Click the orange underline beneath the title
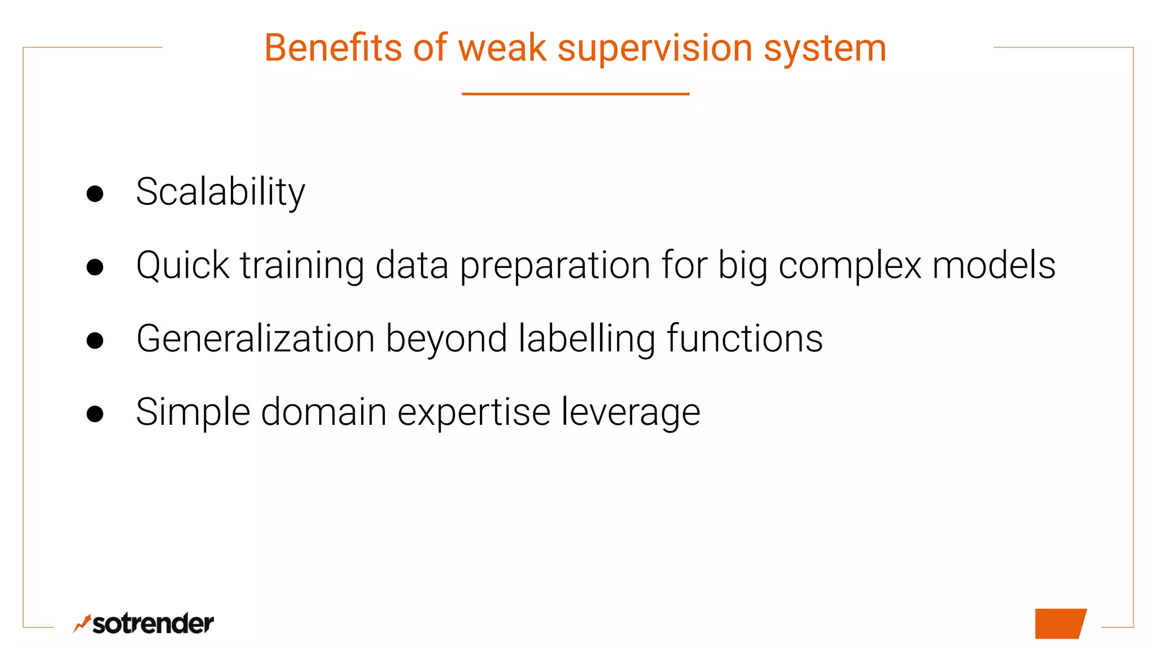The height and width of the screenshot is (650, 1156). pyautogui.click(x=575, y=94)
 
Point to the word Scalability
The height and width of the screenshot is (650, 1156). pyautogui.click(x=220, y=192)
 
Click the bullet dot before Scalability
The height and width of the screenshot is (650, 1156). pyautogui.click(x=95, y=194)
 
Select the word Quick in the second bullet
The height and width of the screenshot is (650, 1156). pyautogui.click(x=182, y=265)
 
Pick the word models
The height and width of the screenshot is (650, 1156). pyautogui.click(x=993, y=265)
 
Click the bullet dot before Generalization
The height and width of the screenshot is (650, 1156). pyautogui.click(x=95, y=340)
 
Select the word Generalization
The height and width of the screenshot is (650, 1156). pyautogui.click(x=255, y=339)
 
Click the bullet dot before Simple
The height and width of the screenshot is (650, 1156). pyautogui.click(x=95, y=414)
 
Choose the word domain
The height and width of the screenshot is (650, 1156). pyautogui.click(x=323, y=412)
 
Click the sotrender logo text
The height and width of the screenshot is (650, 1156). pyautogui.click(x=152, y=624)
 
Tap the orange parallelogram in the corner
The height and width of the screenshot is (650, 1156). pyautogui.click(x=1059, y=623)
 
